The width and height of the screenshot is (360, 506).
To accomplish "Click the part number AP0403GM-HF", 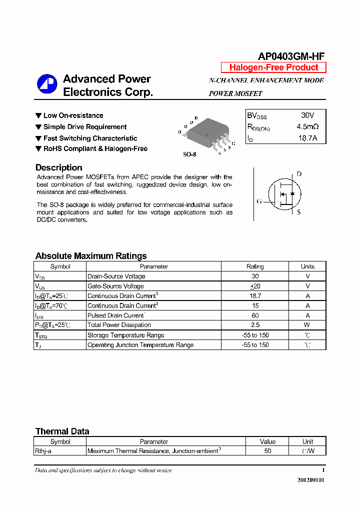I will point(291,56).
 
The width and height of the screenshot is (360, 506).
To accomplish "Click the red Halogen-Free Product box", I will point(273,67).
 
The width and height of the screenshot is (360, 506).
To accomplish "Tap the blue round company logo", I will point(47,84).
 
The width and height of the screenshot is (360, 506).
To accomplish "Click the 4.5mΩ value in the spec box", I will point(307,127).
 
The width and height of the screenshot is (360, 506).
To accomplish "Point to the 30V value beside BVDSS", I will point(307,115).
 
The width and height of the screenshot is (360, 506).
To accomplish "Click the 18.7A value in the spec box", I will point(307,138).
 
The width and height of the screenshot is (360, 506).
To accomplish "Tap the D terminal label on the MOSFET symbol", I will point(299,174).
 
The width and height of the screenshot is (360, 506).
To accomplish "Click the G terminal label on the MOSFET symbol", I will point(259,201).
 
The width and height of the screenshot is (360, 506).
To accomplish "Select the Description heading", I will point(58,168).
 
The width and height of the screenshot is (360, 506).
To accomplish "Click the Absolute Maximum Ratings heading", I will point(91,256).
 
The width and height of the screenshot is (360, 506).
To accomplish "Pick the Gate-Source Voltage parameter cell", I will point(115,286).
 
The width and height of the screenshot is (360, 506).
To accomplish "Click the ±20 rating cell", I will point(255,286).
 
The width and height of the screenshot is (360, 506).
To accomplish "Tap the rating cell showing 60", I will point(255,315).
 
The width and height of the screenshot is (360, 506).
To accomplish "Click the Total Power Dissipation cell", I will point(119,325).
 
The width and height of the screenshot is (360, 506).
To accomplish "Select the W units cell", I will point(307,325).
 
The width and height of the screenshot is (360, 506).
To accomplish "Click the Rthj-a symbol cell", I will point(43,451).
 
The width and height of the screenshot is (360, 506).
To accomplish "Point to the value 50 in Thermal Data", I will point(267,451).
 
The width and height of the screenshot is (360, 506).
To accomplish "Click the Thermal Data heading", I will point(62,431).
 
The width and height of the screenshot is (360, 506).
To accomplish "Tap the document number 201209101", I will point(311,480).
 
